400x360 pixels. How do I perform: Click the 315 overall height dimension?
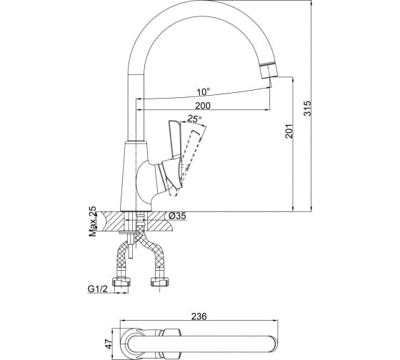point(307,109)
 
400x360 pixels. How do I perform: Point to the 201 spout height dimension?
point(289,131)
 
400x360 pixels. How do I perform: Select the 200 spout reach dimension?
point(203,106)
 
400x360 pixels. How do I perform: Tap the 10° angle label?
point(204,91)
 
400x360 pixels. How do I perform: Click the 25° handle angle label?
point(194,119)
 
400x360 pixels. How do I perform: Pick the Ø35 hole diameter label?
point(177,216)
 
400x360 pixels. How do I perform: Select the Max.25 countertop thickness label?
point(93,221)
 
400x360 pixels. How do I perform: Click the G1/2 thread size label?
point(98,289)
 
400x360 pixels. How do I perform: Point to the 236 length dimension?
point(199,316)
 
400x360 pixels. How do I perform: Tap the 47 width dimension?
point(109,344)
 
